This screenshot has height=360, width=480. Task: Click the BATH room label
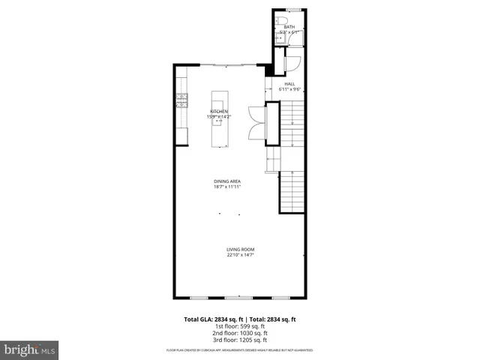[x=289, y=27]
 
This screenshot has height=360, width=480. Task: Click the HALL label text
[x=289, y=84]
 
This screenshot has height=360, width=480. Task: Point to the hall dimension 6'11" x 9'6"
[x=289, y=90]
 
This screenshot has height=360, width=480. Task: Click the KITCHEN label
[x=218, y=111]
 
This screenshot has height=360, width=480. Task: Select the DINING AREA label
[x=227, y=181]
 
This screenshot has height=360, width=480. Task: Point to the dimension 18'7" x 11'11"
[x=227, y=187]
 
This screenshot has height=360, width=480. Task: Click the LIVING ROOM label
[x=241, y=249]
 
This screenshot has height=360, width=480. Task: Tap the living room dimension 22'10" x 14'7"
[x=241, y=255]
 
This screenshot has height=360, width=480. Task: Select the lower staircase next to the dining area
[x=292, y=191]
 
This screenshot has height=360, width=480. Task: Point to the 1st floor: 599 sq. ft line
[x=240, y=326]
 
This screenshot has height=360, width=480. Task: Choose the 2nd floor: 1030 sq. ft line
[x=240, y=332]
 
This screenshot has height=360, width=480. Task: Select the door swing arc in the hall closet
[x=292, y=64]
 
